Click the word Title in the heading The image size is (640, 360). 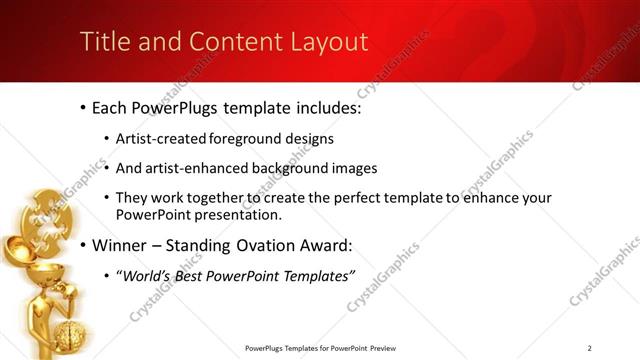[101, 42]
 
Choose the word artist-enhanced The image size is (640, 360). [201, 168]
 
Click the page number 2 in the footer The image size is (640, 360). [590, 347]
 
